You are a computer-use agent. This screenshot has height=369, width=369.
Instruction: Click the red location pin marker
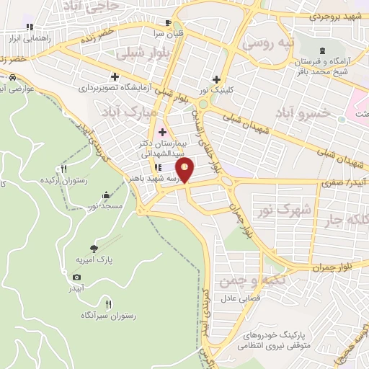pos(186,172)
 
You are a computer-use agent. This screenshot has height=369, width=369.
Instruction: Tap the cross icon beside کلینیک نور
pos(215,79)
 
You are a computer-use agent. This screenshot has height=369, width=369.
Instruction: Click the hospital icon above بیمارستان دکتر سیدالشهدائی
pos(162,132)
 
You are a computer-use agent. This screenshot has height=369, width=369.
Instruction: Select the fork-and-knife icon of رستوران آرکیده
pos(64,169)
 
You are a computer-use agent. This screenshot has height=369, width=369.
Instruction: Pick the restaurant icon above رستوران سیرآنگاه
pos(108,303)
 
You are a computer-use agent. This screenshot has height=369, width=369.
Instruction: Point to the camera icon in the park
pos(77,277)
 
